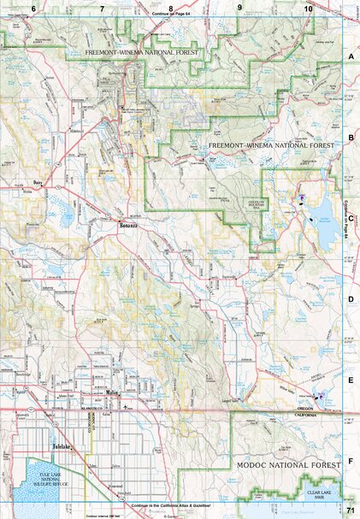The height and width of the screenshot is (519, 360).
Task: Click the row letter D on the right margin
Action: [x=351, y=299]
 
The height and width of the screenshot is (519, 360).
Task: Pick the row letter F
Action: [x=351, y=460]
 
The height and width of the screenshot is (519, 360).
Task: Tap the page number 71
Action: [x=351, y=510]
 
